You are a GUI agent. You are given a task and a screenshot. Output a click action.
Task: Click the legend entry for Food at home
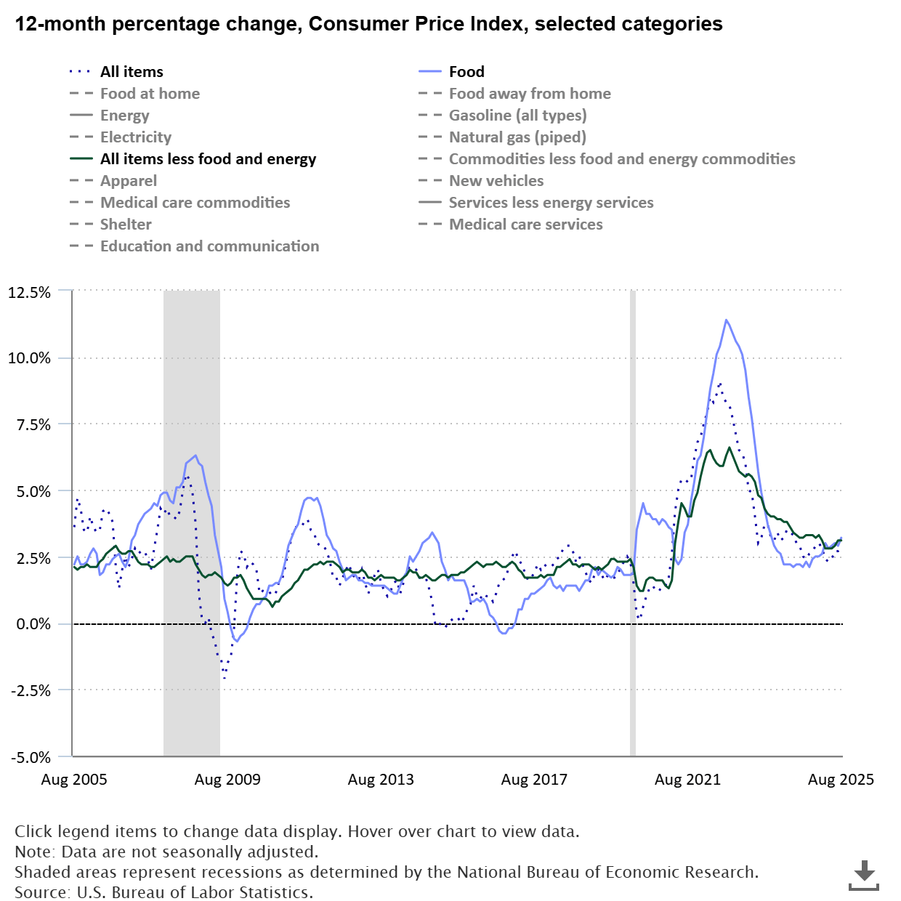point(150,94)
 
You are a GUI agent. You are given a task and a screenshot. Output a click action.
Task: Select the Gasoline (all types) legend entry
point(517,116)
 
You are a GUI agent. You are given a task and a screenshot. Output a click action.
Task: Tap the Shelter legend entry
point(126,225)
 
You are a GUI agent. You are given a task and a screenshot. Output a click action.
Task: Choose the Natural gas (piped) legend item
point(517,137)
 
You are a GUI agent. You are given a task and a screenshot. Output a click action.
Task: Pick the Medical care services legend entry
point(525,225)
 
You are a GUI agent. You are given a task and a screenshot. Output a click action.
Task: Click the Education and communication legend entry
point(209,246)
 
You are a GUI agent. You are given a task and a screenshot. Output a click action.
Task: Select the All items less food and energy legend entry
point(208,159)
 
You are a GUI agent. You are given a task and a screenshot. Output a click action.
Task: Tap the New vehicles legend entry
point(496,181)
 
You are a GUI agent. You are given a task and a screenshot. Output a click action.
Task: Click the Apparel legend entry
point(129,181)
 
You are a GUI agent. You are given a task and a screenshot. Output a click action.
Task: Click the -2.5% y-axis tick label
point(31,691)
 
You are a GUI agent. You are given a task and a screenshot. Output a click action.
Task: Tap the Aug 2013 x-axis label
point(381,780)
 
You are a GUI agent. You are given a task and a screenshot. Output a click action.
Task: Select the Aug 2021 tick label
point(687,780)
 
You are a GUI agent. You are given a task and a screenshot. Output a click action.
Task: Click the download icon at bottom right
point(864,874)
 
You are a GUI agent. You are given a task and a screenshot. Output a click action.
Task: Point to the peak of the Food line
point(726,320)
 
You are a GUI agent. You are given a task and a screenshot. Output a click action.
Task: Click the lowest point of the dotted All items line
point(225,679)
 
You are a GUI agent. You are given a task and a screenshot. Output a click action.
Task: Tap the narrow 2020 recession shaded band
point(633,523)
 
